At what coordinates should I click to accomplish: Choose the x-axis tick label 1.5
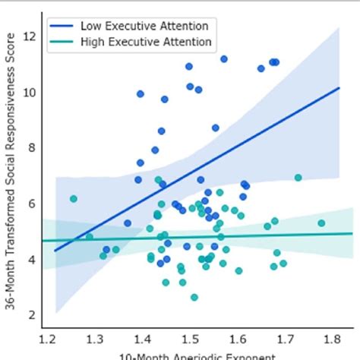click(x=189, y=337)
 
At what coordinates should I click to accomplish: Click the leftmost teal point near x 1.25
click(x=74, y=199)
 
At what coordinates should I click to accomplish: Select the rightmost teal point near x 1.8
click(x=321, y=223)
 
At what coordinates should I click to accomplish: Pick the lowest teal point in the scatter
click(x=194, y=298)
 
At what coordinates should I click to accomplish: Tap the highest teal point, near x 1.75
click(x=298, y=178)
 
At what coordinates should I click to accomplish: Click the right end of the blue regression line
click(x=339, y=87)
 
